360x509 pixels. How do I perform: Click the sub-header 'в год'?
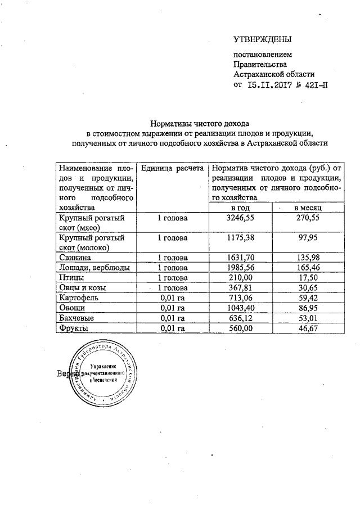[x=240, y=208]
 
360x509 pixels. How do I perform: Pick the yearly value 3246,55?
[x=240, y=218]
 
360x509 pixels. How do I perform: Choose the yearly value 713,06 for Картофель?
[x=240, y=297]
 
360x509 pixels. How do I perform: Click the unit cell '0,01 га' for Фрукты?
[x=172, y=327]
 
